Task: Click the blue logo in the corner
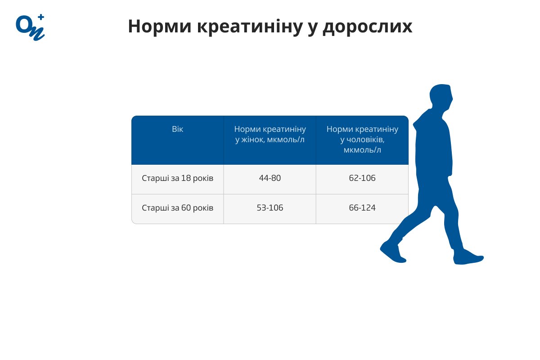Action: pos(30,27)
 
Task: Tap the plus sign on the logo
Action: pos(41,17)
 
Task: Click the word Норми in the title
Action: pos(159,27)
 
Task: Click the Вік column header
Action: pos(177,129)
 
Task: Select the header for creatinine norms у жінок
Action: pos(270,134)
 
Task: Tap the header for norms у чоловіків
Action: pos(362,139)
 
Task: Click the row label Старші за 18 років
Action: pos(177,178)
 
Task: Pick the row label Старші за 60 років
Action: pos(177,208)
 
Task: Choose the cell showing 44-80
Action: pos(270,178)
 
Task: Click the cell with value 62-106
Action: pos(362,178)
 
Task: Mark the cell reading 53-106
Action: pos(270,208)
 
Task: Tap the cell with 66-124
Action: pos(362,208)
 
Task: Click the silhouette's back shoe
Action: pos(468,258)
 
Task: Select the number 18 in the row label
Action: pos(186,178)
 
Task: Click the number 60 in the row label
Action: pos(186,208)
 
